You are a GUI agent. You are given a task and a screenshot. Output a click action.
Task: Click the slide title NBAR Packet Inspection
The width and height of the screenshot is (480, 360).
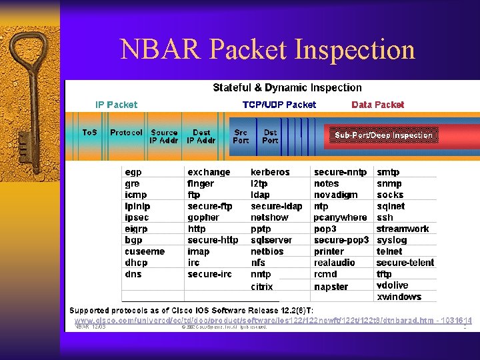[x=267, y=50]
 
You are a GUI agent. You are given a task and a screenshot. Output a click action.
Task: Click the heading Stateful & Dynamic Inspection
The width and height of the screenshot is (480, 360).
[x=287, y=87]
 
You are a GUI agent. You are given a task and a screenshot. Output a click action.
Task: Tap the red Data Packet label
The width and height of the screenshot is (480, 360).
[x=377, y=105]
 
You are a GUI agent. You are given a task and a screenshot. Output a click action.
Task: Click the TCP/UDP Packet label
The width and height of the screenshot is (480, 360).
[x=279, y=105]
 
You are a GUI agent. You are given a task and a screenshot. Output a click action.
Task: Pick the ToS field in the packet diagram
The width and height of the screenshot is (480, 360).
[x=89, y=133]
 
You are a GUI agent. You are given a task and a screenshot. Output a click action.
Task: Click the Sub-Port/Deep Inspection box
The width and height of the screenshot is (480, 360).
[x=383, y=135]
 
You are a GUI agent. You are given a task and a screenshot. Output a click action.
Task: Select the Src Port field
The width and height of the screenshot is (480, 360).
[x=241, y=137]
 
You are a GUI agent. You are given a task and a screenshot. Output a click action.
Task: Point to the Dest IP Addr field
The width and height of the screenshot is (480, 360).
[x=201, y=137]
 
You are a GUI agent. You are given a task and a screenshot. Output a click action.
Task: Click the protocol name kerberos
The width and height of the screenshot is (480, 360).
[x=270, y=172]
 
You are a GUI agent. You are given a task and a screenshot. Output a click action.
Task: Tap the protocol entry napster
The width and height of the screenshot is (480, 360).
[x=331, y=287]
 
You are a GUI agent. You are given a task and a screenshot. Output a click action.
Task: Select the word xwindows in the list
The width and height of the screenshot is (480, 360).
[x=399, y=297]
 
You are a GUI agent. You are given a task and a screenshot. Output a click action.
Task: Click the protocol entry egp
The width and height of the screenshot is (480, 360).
[x=133, y=172]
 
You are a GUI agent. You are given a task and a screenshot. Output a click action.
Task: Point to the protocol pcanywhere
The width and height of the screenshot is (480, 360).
[x=340, y=217]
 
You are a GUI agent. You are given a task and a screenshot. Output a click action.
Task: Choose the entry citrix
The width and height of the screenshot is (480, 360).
[x=261, y=287]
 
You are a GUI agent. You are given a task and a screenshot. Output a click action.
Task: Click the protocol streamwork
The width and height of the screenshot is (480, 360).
[x=403, y=229]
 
